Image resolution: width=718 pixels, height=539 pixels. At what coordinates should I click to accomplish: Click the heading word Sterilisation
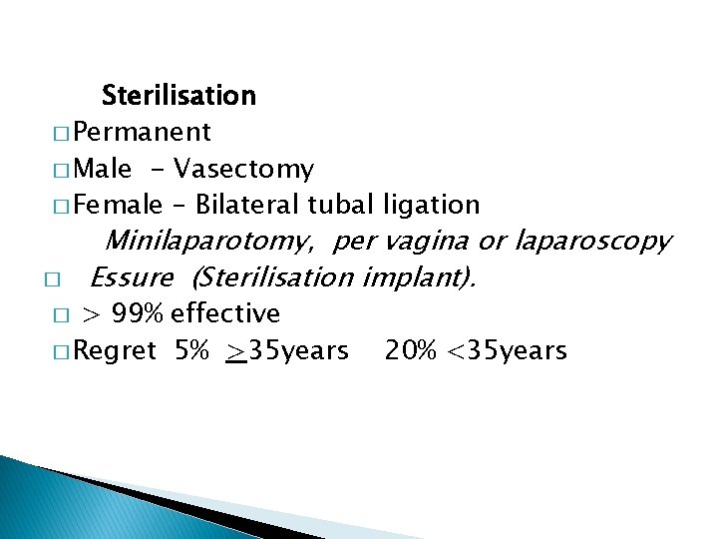pyautogui.click(x=179, y=96)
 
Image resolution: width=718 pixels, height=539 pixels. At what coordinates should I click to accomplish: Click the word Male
pyautogui.click(x=102, y=169)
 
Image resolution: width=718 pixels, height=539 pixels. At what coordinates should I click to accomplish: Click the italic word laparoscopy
pyautogui.click(x=592, y=242)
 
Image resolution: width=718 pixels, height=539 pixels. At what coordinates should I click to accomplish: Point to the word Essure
pyautogui.click(x=132, y=276)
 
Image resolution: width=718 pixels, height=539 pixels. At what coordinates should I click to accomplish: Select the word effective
pyautogui.click(x=225, y=314)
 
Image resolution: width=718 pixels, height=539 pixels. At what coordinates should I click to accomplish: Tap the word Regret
pyautogui.click(x=115, y=351)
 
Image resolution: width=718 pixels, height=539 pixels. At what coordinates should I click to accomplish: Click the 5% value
pyautogui.click(x=191, y=351)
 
